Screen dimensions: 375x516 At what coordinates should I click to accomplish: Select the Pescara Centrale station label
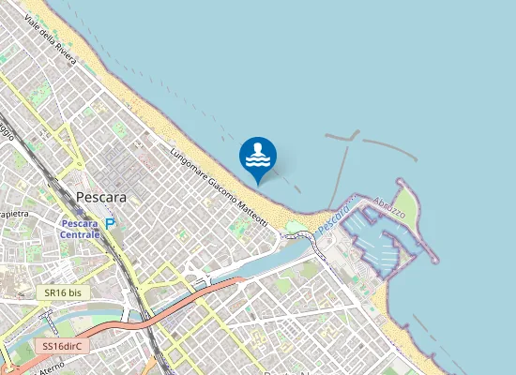tap(80, 229)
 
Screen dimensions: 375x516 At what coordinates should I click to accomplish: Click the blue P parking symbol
tap(112, 224)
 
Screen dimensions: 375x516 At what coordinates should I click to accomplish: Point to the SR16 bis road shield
tap(63, 292)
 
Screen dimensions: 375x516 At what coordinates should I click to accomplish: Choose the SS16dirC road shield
tap(63, 345)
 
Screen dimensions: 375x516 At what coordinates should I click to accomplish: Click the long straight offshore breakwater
tap(337, 173)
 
